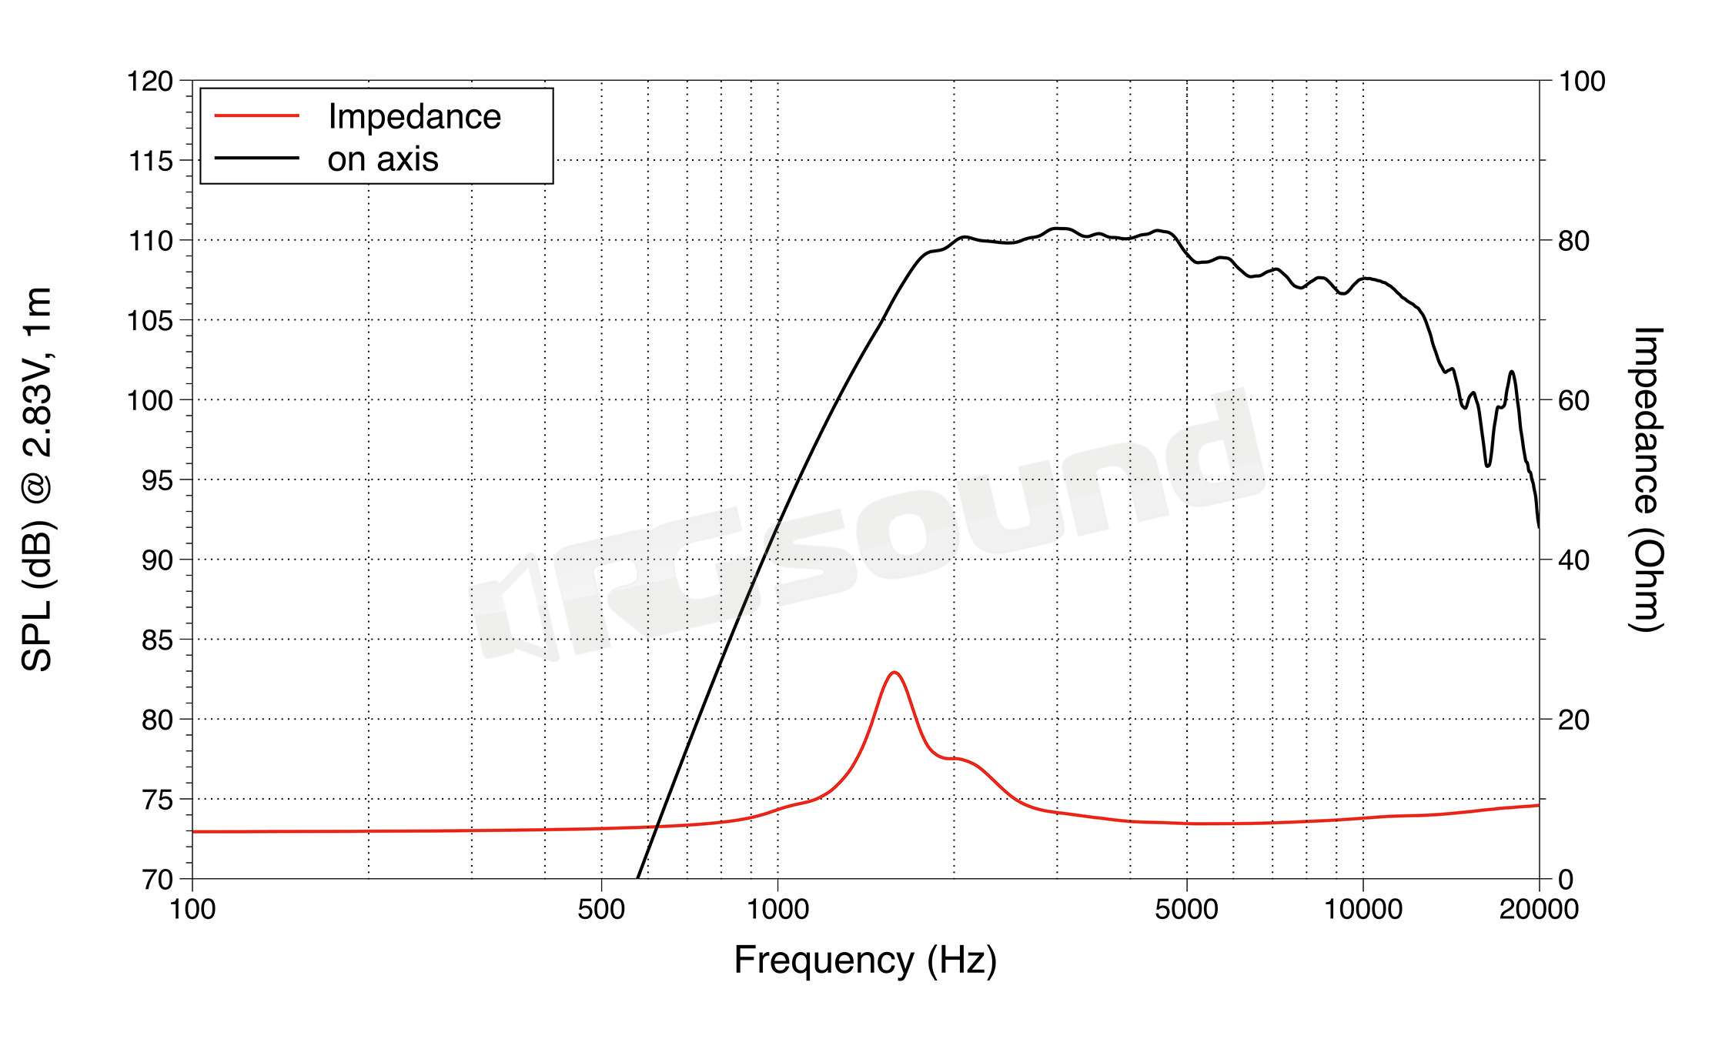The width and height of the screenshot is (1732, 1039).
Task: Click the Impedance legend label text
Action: pos(414,117)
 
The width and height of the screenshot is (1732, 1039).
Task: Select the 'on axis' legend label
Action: pos(383,159)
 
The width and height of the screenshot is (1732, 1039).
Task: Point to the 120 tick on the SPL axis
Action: pos(150,81)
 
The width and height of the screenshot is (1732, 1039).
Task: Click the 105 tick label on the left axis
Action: pos(150,320)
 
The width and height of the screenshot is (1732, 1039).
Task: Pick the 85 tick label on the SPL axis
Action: pos(157,640)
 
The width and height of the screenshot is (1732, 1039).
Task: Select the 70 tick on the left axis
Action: pos(157,879)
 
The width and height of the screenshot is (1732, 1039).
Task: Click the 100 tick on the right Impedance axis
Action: pos(1582,81)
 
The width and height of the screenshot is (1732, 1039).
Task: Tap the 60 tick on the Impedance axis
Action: pos(1573,400)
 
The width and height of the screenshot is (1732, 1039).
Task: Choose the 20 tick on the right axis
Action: pos(1573,720)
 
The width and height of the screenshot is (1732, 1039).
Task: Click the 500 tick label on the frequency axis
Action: pos(600,910)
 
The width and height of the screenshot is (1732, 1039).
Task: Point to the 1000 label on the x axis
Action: pos(777,910)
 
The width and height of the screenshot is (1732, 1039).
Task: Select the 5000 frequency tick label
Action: pos(1186,910)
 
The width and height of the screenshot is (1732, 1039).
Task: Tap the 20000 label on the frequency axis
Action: pos(1539,910)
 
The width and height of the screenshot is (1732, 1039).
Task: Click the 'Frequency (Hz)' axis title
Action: pos(865,960)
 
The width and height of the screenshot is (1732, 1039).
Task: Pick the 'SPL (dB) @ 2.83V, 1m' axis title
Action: pos(37,479)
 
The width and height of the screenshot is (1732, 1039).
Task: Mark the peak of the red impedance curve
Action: pos(894,673)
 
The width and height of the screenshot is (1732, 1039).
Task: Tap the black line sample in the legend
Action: pos(256,159)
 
